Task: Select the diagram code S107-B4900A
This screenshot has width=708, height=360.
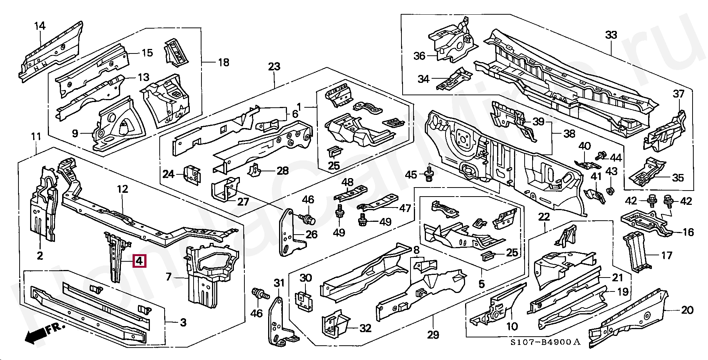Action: point(545,342)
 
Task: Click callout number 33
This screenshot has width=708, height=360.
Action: point(611,35)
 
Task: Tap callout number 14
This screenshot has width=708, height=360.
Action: point(40,26)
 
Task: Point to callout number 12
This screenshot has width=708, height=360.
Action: point(122,189)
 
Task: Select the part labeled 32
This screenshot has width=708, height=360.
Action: point(335,325)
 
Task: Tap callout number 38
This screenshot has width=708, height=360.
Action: point(569,133)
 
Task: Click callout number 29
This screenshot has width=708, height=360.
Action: point(433,334)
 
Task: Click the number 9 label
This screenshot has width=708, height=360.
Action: point(75,133)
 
